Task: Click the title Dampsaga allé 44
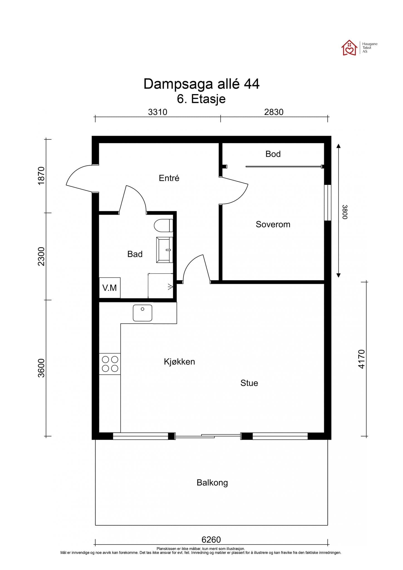pos(201,84)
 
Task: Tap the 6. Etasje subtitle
pos(201,99)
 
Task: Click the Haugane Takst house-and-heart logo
pos(349,48)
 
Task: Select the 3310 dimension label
pos(158,112)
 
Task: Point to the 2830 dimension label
pos(274,112)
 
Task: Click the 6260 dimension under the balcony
pos(211,540)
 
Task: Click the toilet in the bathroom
pos(164,225)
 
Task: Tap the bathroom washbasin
pos(164,250)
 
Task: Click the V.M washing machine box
pos(110,288)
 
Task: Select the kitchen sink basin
pos(142,313)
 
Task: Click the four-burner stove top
pos(110,364)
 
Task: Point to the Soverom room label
pos(273,224)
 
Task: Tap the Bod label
pos(273,154)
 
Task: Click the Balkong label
pos(212,483)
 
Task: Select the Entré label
pos(169,178)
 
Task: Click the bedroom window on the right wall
pos(328,203)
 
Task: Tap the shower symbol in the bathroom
pos(170,286)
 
